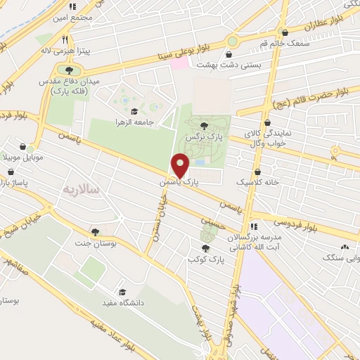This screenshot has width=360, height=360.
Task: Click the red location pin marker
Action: [181, 165]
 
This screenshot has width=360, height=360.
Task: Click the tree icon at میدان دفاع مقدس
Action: [69, 70]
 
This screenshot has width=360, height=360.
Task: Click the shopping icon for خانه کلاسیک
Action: [258, 171]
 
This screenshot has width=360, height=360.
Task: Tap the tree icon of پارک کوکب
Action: [205, 249]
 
